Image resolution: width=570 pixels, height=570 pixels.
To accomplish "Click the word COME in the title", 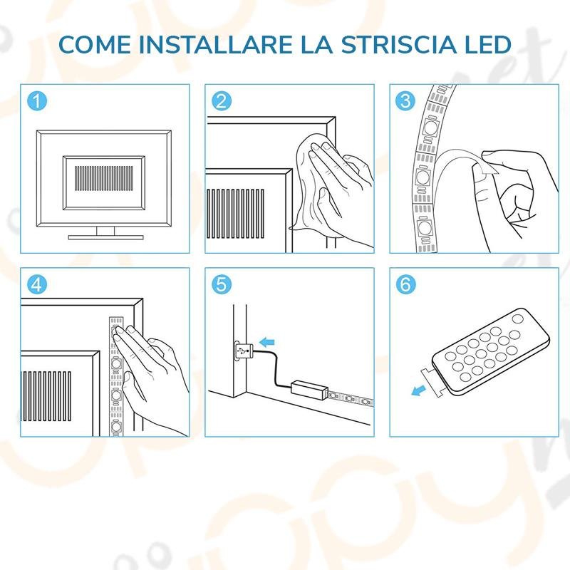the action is [95, 44].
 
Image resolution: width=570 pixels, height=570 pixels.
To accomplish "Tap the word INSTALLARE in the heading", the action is [217, 44].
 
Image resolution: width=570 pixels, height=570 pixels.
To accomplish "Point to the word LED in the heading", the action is [487, 44].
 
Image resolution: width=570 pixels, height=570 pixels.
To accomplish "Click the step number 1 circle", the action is [37, 100].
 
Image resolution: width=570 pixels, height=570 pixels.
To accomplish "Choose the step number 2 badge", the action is [222, 100].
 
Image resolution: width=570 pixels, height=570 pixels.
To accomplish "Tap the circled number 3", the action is [405, 100].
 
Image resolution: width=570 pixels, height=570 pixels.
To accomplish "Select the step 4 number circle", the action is [37, 284].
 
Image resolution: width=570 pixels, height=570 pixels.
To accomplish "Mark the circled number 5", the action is [222, 284].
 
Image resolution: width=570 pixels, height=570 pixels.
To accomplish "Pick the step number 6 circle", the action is [405, 284].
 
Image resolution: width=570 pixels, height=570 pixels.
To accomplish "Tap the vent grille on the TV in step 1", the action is [103, 179].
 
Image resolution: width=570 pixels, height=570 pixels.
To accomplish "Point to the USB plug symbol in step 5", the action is [242, 351].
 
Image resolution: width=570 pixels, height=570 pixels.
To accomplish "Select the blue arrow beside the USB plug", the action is [266, 342].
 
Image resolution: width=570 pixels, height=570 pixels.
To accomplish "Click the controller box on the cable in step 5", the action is [309, 390].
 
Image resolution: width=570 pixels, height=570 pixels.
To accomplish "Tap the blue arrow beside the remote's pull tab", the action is [418, 390].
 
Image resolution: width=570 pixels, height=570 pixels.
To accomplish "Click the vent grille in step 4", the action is [46, 396].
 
